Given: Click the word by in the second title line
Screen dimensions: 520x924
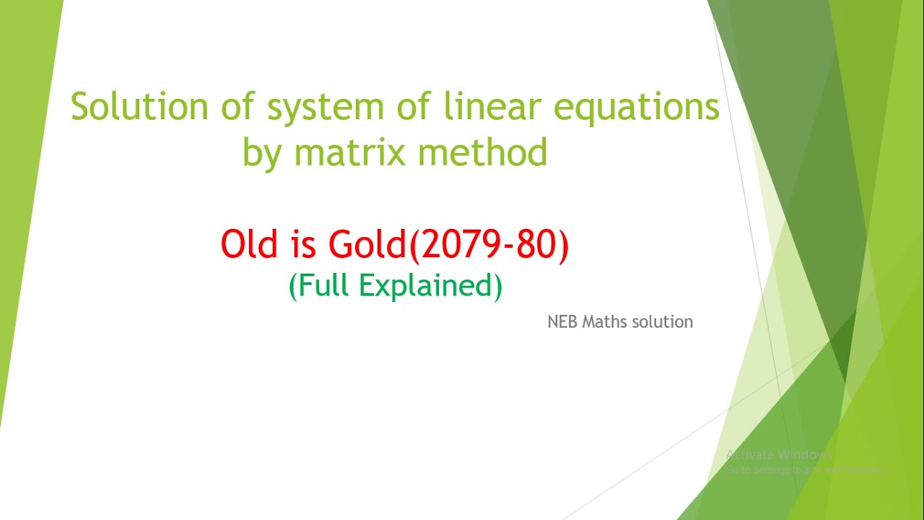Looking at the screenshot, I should click(x=261, y=154).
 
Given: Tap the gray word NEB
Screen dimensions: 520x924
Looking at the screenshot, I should click(x=563, y=322).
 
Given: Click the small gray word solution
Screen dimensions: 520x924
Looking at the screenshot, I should click(x=663, y=322).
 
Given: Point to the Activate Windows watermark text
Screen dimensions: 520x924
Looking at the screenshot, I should click(x=778, y=455).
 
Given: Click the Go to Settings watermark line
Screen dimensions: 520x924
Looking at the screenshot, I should click(x=804, y=469).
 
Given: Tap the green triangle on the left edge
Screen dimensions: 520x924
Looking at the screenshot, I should click(x=22, y=181).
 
